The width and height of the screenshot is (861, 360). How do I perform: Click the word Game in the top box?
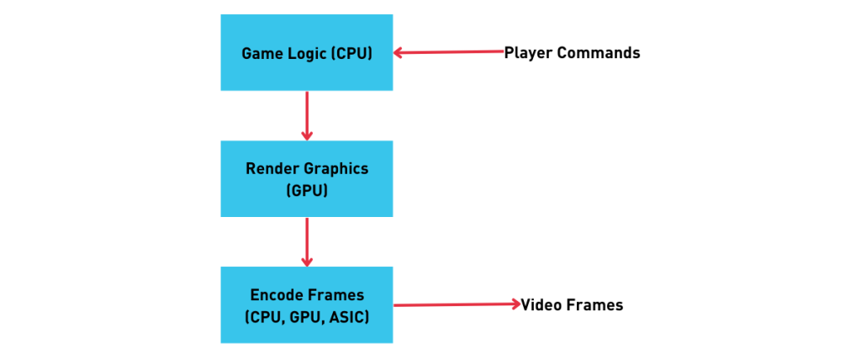coord(261,54)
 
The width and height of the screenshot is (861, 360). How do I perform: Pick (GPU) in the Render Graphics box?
coord(307,191)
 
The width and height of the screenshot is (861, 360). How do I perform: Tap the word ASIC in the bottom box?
coord(348,318)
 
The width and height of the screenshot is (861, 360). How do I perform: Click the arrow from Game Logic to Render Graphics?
coord(306,114)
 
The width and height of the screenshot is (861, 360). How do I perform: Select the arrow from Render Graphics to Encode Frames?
coord(306,240)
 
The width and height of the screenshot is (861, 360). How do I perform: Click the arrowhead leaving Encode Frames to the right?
coord(515,304)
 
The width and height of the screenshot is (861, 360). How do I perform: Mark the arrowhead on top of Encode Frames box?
coord(307,261)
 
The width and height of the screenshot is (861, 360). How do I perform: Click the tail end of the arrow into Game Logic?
coord(502,51)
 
